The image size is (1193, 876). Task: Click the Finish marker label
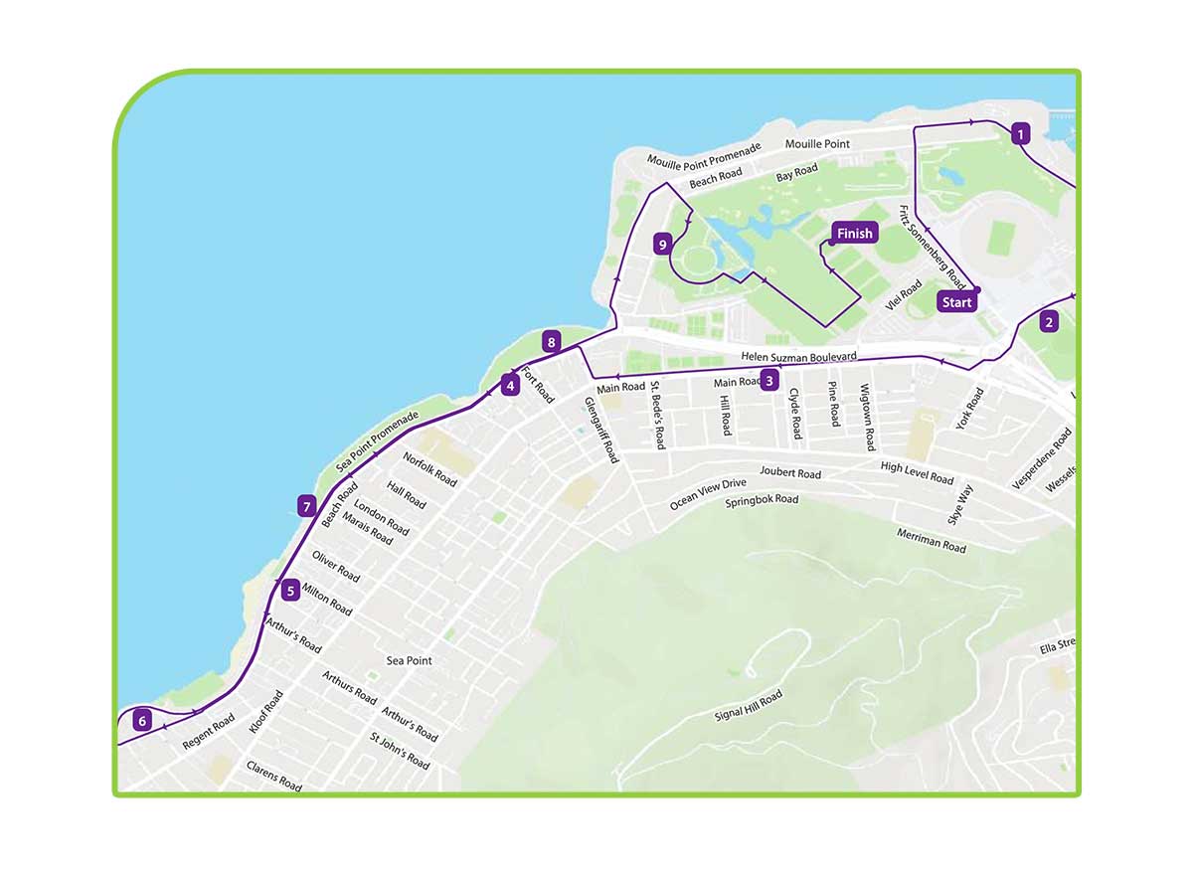854,234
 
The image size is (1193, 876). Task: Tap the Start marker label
956,302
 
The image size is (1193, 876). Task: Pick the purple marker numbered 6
143,721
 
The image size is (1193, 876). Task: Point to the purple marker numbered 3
768,379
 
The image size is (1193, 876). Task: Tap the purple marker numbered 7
307,505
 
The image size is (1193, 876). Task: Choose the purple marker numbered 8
552,343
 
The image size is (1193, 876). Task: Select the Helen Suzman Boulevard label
798,356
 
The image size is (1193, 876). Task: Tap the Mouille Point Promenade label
704,154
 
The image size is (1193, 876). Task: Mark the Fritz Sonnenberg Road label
932,243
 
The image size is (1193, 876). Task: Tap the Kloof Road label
265,712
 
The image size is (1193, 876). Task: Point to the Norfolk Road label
429,469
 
